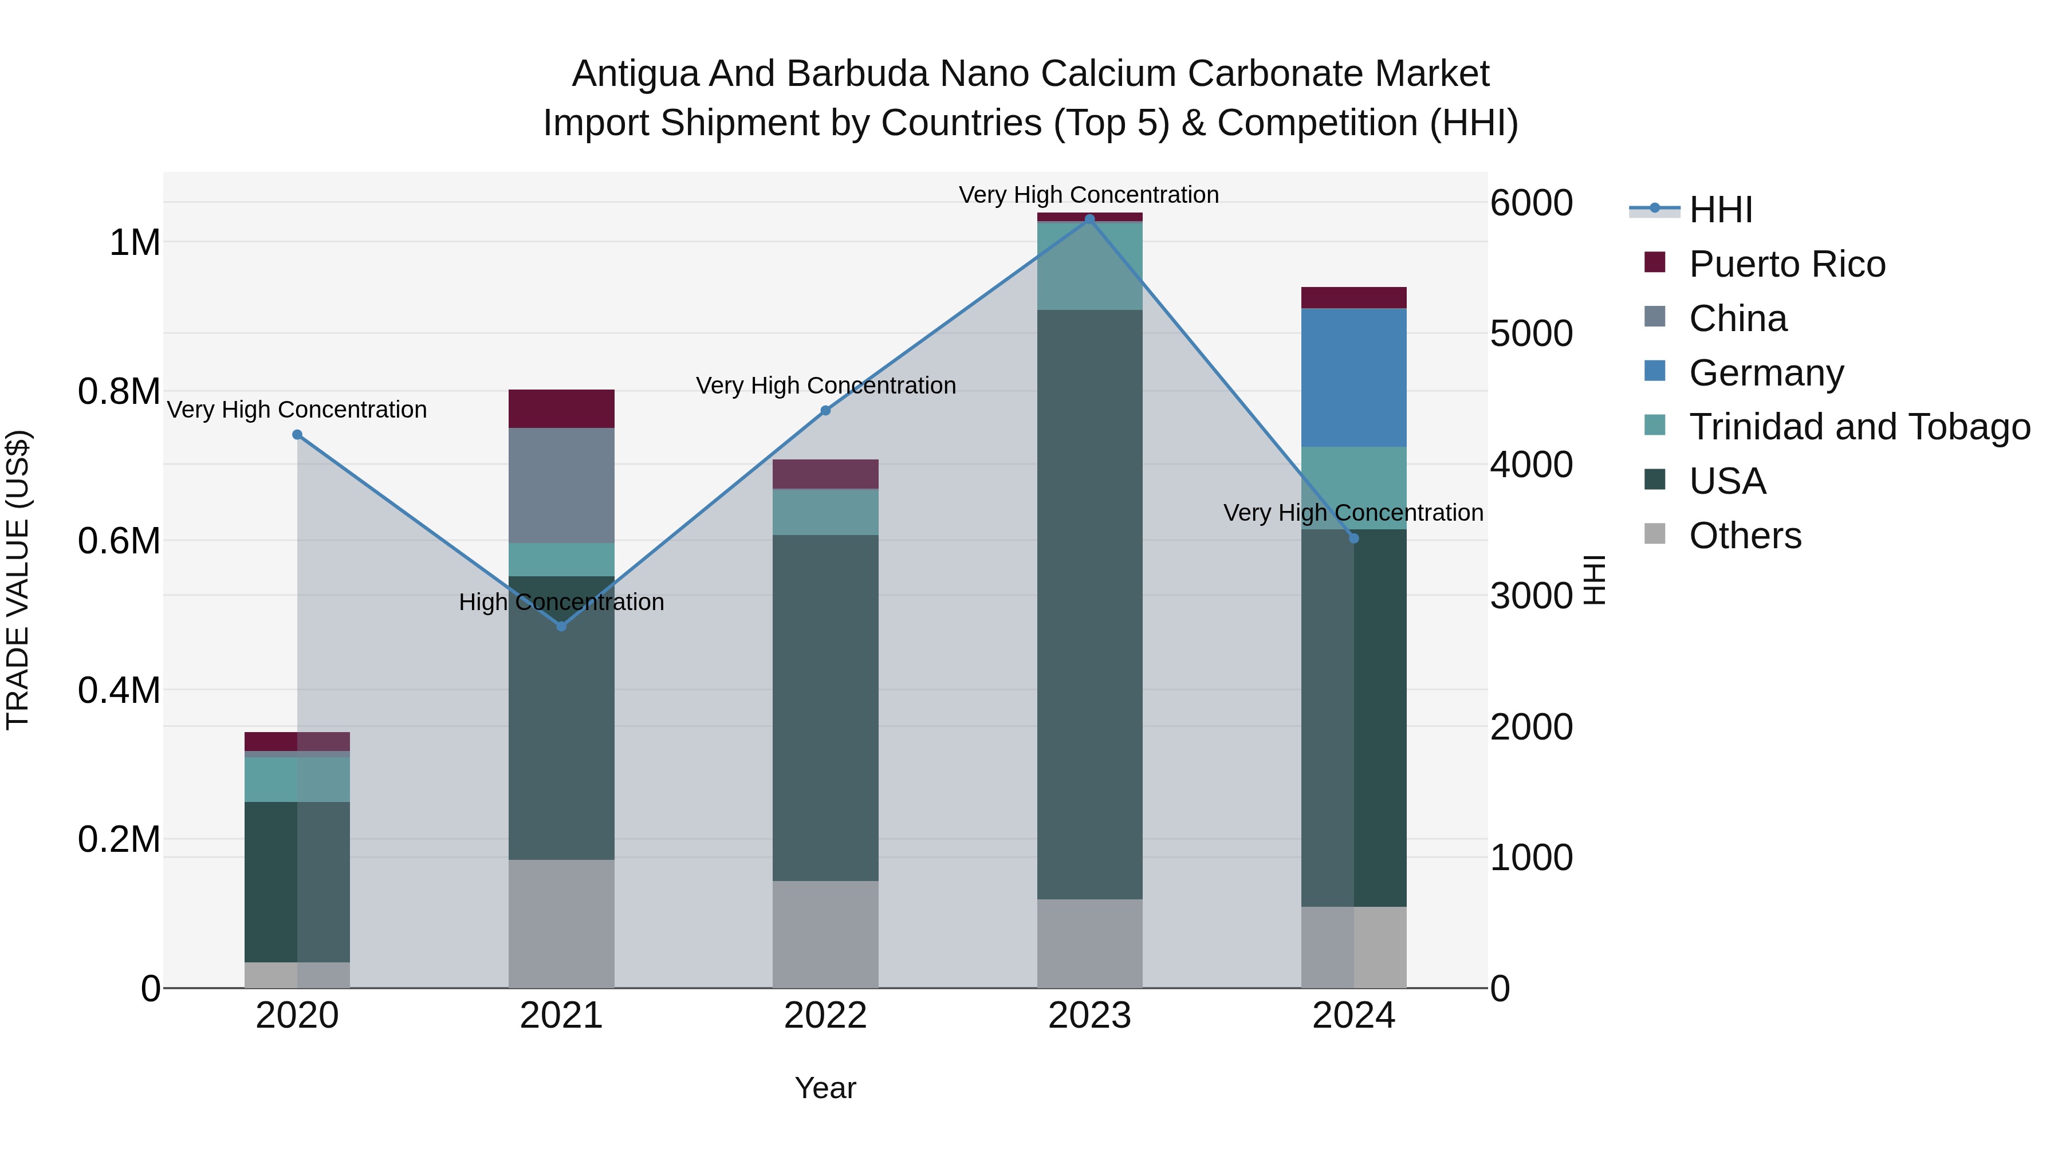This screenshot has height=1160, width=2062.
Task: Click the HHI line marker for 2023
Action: pyautogui.click(x=1089, y=219)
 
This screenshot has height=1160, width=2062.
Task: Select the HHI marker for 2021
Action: pyautogui.click(x=561, y=626)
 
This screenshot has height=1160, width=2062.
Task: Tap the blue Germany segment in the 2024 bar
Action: pyautogui.click(x=1353, y=378)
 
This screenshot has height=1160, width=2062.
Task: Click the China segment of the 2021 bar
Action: pyautogui.click(x=561, y=485)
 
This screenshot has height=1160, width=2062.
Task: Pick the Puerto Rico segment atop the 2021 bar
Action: pyautogui.click(x=561, y=408)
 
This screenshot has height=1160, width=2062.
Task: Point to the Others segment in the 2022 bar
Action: pyautogui.click(x=825, y=934)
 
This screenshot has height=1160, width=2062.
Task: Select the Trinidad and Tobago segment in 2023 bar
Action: pyautogui.click(x=1089, y=266)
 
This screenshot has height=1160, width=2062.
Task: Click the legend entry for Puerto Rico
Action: pyautogui.click(x=1786, y=264)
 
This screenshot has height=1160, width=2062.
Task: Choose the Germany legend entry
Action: pyautogui.click(x=1766, y=373)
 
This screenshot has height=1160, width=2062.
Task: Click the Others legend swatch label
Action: pyautogui.click(x=1745, y=536)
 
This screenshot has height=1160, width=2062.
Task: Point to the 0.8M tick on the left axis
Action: pyautogui.click(x=119, y=391)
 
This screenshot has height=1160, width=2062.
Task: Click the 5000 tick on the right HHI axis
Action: pyautogui.click(x=1530, y=334)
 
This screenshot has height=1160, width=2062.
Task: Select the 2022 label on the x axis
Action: pyautogui.click(x=825, y=1016)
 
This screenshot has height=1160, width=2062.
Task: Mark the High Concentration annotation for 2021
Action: pyautogui.click(x=561, y=602)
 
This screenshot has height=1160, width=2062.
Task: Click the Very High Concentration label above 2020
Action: pyautogui.click(x=297, y=410)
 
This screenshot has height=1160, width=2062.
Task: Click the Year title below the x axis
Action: pyautogui.click(x=825, y=1088)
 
